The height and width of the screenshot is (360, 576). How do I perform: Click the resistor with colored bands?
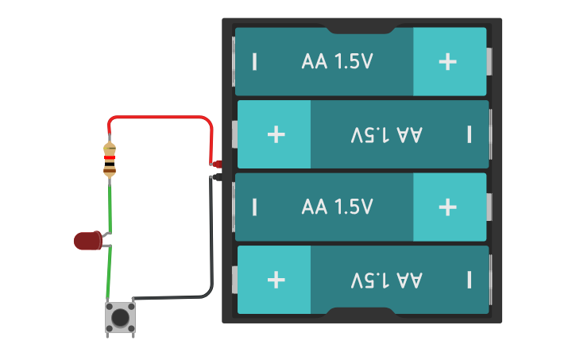[110, 160]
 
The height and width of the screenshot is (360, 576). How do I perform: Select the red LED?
[87, 240]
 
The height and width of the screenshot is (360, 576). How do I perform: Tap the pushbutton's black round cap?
[121, 317]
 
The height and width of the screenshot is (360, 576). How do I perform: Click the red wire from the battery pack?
[159, 118]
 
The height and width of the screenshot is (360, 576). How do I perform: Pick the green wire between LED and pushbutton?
[110, 274]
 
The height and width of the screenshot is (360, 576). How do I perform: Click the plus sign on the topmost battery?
[448, 62]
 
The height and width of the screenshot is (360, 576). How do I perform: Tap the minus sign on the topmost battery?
[254, 62]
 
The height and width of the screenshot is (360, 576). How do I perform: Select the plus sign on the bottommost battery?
[276, 280]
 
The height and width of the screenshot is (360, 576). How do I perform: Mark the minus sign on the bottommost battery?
[470, 280]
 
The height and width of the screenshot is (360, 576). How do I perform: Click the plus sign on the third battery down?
[448, 207]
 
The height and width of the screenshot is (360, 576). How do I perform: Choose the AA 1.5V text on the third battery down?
[337, 207]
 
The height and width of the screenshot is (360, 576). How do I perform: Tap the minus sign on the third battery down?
[254, 207]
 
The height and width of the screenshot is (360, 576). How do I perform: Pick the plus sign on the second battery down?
[276, 134]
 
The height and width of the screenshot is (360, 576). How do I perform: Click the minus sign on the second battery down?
[470, 134]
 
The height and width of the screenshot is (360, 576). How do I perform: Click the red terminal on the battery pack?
[217, 165]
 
